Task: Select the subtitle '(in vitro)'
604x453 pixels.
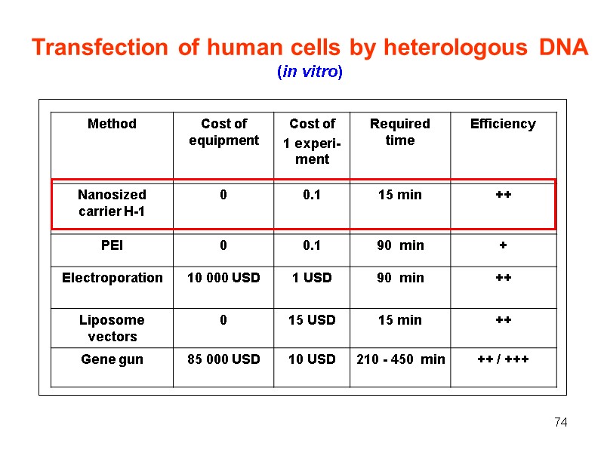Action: [x=310, y=72]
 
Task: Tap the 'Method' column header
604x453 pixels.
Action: [x=112, y=124]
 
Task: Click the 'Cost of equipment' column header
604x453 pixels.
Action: [x=223, y=132]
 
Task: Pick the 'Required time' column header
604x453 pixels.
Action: [x=399, y=132]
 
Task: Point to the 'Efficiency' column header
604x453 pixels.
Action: [x=503, y=124]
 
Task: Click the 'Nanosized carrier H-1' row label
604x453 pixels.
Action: [x=112, y=203]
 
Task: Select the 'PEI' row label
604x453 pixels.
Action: [x=112, y=245]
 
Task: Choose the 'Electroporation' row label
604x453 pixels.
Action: [x=112, y=278]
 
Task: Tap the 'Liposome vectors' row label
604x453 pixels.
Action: [x=112, y=328]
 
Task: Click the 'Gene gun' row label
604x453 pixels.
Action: [x=112, y=359]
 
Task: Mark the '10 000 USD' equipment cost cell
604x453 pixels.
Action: [x=223, y=278]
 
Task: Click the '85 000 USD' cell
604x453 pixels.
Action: [x=223, y=359]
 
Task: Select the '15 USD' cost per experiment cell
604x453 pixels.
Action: [x=312, y=320]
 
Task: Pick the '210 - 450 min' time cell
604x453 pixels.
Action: [x=400, y=359]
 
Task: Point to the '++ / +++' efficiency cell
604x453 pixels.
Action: [x=503, y=359]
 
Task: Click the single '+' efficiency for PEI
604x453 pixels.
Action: [x=503, y=245]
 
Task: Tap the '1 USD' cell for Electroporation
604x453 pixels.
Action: [x=312, y=278]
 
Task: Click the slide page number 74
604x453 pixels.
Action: [x=560, y=422]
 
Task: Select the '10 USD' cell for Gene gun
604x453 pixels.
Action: [x=312, y=359]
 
